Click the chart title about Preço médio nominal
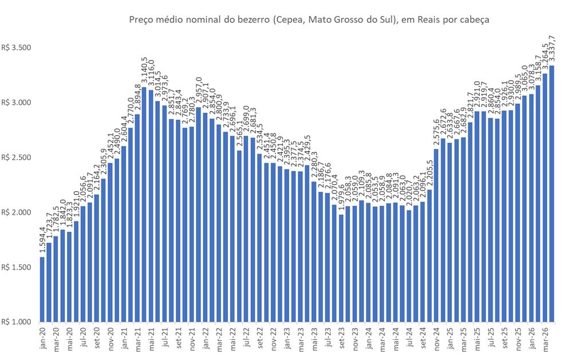310,20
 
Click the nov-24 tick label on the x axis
436,338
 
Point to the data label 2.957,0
198,91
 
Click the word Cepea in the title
286,20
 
